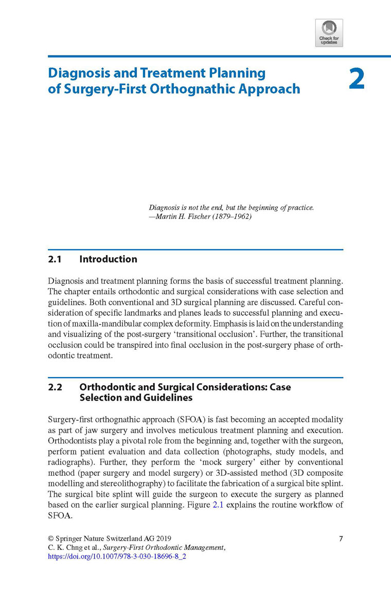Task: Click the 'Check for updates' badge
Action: pos(329,33)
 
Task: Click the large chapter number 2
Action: pos(357,79)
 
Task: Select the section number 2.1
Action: pos(55,259)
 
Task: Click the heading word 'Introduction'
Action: pos(108,259)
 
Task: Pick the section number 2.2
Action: pos(55,387)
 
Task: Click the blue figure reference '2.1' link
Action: pos(219,505)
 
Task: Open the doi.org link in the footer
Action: pos(117,556)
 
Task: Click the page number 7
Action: pos(341,539)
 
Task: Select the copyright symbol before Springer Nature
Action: pos(50,539)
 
